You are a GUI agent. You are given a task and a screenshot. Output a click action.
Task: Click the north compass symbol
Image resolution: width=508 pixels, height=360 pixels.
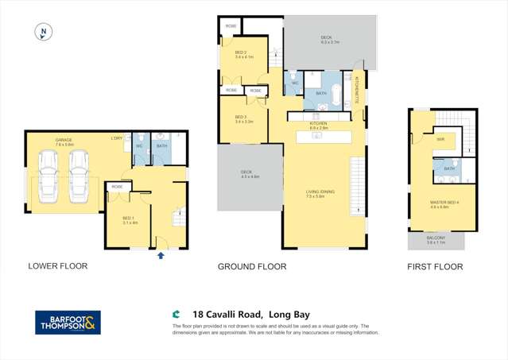pos(45,33)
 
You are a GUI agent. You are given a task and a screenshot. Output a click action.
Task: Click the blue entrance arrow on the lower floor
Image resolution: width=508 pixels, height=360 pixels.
pos(162,255)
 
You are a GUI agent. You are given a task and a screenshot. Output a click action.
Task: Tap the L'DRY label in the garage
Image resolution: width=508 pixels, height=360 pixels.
pos(117,139)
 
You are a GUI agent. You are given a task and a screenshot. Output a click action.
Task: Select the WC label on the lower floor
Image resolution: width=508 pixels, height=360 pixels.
pos(138,145)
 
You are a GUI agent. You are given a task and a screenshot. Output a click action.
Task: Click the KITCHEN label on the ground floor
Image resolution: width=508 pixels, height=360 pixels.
pos(319,125)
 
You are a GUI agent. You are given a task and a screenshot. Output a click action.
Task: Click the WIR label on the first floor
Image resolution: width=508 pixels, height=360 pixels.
pos(439,139)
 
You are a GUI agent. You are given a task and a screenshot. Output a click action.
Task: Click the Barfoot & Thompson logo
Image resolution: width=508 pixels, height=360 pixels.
pos(68,323)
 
